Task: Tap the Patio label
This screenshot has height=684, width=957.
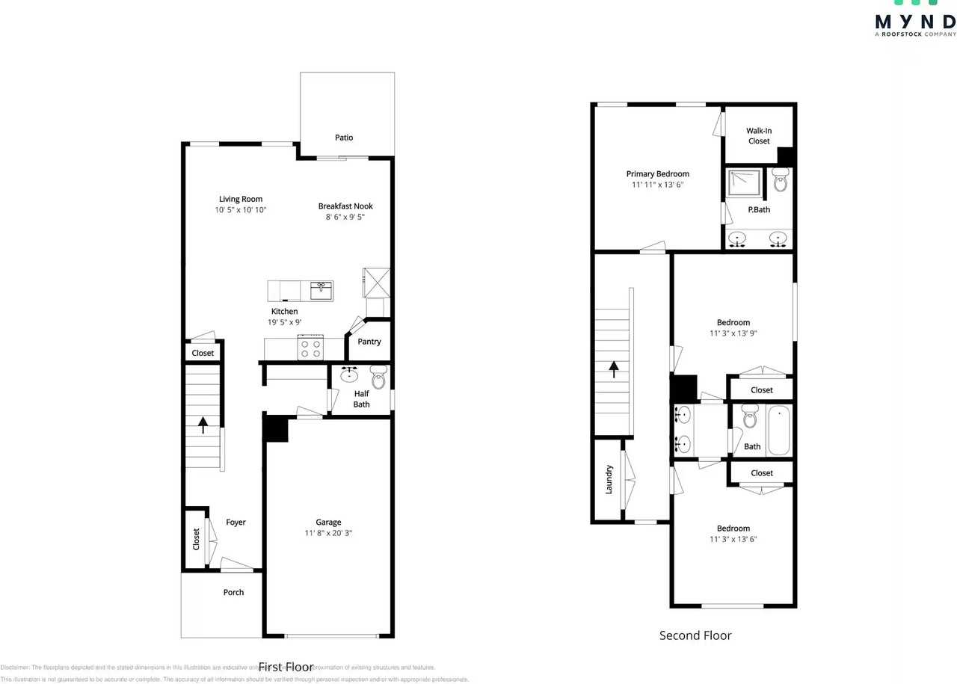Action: click(344, 138)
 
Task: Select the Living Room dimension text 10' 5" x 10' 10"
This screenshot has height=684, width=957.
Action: click(241, 211)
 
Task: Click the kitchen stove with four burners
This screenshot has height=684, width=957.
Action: click(310, 348)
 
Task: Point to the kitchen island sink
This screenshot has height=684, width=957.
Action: click(321, 290)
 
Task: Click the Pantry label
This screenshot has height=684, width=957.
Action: click(369, 342)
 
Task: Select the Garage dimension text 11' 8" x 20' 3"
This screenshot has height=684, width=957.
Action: click(328, 534)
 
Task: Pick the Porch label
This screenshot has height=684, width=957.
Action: click(233, 592)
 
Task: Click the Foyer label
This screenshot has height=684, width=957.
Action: click(236, 523)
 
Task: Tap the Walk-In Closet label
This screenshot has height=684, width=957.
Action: click(759, 136)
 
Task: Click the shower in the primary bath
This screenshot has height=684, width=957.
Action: click(744, 181)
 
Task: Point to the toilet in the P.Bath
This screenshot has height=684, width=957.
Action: click(780, 180)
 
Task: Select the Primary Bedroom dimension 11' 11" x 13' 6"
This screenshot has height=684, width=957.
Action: click(657, 184)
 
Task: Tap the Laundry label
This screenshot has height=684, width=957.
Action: click(609, 479)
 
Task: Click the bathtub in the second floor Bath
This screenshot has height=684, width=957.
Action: click(778, 430)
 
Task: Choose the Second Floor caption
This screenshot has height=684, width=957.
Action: click(695, 635)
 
